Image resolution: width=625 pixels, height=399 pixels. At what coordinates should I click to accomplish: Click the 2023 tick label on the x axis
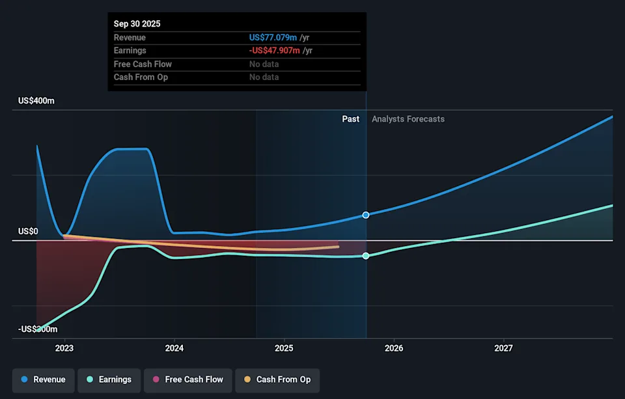[64, 348]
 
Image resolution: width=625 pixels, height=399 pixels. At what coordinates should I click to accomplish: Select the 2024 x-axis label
[174, 348]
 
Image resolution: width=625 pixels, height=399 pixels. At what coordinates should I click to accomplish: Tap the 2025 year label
[284, 348]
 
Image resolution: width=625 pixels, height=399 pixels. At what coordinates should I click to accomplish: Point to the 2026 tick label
[394, 348]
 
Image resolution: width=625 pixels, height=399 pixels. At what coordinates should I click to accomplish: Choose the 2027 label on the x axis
[503, 348]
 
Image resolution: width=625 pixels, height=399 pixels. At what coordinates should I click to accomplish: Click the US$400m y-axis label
[36, 101]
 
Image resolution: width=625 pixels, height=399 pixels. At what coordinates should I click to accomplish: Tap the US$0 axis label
[28, 231]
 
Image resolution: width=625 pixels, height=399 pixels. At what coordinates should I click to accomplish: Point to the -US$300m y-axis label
[38, 329]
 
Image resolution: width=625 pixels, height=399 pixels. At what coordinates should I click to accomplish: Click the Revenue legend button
[43, 379]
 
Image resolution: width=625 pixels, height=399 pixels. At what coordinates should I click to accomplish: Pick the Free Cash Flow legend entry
[188, 379]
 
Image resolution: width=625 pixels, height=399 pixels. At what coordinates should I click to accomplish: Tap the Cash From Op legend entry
[277, 379]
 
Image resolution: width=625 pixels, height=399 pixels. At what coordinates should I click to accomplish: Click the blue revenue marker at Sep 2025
[366, 215]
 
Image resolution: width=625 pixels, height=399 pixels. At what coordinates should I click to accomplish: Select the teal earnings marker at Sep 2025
[366, 256]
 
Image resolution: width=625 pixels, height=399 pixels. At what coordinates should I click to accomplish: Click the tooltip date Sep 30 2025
[137, 23]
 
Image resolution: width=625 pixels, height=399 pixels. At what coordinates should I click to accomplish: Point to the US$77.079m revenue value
[273, 38]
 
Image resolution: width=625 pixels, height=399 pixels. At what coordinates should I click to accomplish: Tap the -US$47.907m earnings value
[274, 51]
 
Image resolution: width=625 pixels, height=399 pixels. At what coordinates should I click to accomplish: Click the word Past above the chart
[351, 119]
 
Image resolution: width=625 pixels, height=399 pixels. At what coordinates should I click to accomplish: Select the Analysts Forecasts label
[408, 119]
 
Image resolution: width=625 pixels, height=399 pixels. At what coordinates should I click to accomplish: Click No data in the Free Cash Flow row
[264, 64]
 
